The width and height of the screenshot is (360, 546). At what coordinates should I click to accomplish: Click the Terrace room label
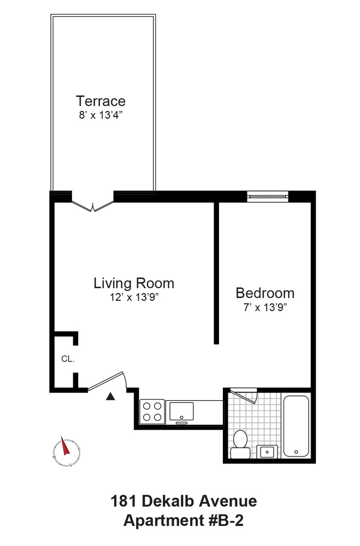pos(101,101)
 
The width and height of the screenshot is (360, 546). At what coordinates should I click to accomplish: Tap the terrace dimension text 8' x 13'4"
pos(101,115)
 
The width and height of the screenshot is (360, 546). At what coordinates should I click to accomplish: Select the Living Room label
pos(134,283)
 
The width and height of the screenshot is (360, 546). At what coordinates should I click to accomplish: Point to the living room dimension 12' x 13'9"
pos(134,298)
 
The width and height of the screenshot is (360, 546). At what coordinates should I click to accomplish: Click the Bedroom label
pos(264,293)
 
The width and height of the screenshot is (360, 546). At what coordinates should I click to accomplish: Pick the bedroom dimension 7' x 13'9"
pos(264,307)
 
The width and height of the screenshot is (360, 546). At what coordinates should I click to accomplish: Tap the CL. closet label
pos(67,359)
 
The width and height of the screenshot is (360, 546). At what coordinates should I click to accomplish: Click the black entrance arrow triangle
pos(110,397)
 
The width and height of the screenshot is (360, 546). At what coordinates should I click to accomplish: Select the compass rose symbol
pos(67,452)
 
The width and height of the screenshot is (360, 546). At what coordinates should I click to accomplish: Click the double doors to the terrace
pos(93,205)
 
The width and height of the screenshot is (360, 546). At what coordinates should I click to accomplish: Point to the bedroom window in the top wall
pos(267,196)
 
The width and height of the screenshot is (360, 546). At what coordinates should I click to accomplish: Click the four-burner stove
pos(152,411)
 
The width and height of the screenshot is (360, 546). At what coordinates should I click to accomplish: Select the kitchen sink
pos(182,411)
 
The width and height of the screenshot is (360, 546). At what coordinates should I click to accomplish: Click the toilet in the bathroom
pos(240,443)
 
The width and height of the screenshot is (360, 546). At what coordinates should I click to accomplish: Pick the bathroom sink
pos(267,452)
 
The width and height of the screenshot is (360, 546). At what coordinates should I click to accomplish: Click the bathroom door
pos(244,394)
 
